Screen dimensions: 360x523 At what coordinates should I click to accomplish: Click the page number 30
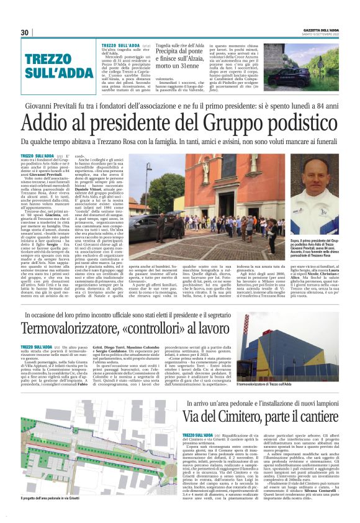click(25, 32)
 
